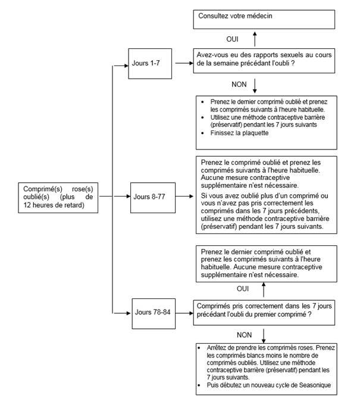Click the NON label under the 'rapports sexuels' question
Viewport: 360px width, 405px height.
pyautogui.click(x=239, y=84)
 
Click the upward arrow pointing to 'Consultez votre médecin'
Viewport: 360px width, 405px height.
pyautogui.click(x=254, y=39)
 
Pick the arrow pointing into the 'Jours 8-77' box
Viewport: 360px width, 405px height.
pyautogui.click(x=122, y=195)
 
